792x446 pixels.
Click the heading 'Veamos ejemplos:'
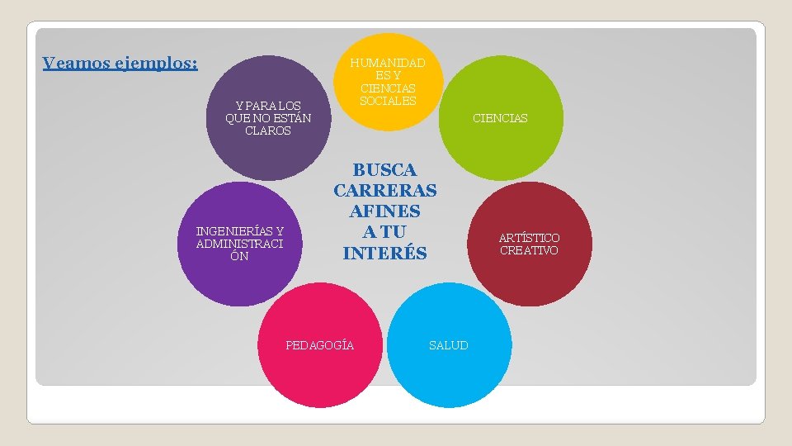click(120, 64)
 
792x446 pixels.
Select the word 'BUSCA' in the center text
click(384, 170)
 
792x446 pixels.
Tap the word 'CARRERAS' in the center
click(384, 191)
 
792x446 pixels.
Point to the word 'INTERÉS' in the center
click(384, 253)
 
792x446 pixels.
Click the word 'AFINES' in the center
click(384, 211)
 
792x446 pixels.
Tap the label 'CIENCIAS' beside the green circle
click(499, 118)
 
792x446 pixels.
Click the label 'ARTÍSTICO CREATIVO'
click(529, 244)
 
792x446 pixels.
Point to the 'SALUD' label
click(448, 345)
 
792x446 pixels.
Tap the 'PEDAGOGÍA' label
click(320, 345)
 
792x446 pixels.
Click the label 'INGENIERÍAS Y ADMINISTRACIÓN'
click(239, 244)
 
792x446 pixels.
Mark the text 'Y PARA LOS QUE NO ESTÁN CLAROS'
click(268, 118)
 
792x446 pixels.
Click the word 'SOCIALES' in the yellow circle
click(388, 101)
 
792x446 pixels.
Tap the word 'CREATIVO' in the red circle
click(529, 250)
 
